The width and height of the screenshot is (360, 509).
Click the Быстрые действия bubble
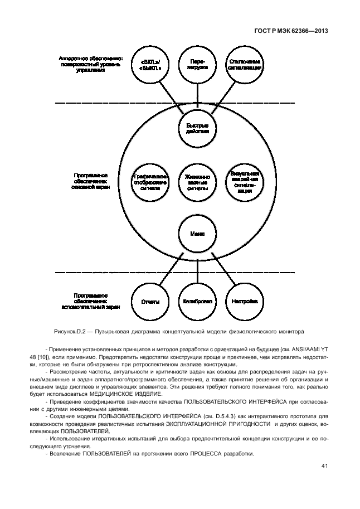tap(198, 128)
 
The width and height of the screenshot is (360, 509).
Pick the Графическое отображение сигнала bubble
tap(150, 182)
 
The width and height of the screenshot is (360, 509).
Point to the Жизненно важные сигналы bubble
tap(198, 182)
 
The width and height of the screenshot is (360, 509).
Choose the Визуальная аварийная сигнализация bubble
tap(245, 182)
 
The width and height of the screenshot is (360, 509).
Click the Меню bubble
tap(198, 234)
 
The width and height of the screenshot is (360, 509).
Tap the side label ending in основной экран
tap(90, 181)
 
